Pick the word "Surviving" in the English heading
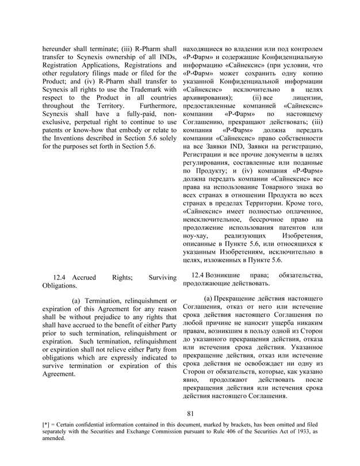(162, 277)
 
